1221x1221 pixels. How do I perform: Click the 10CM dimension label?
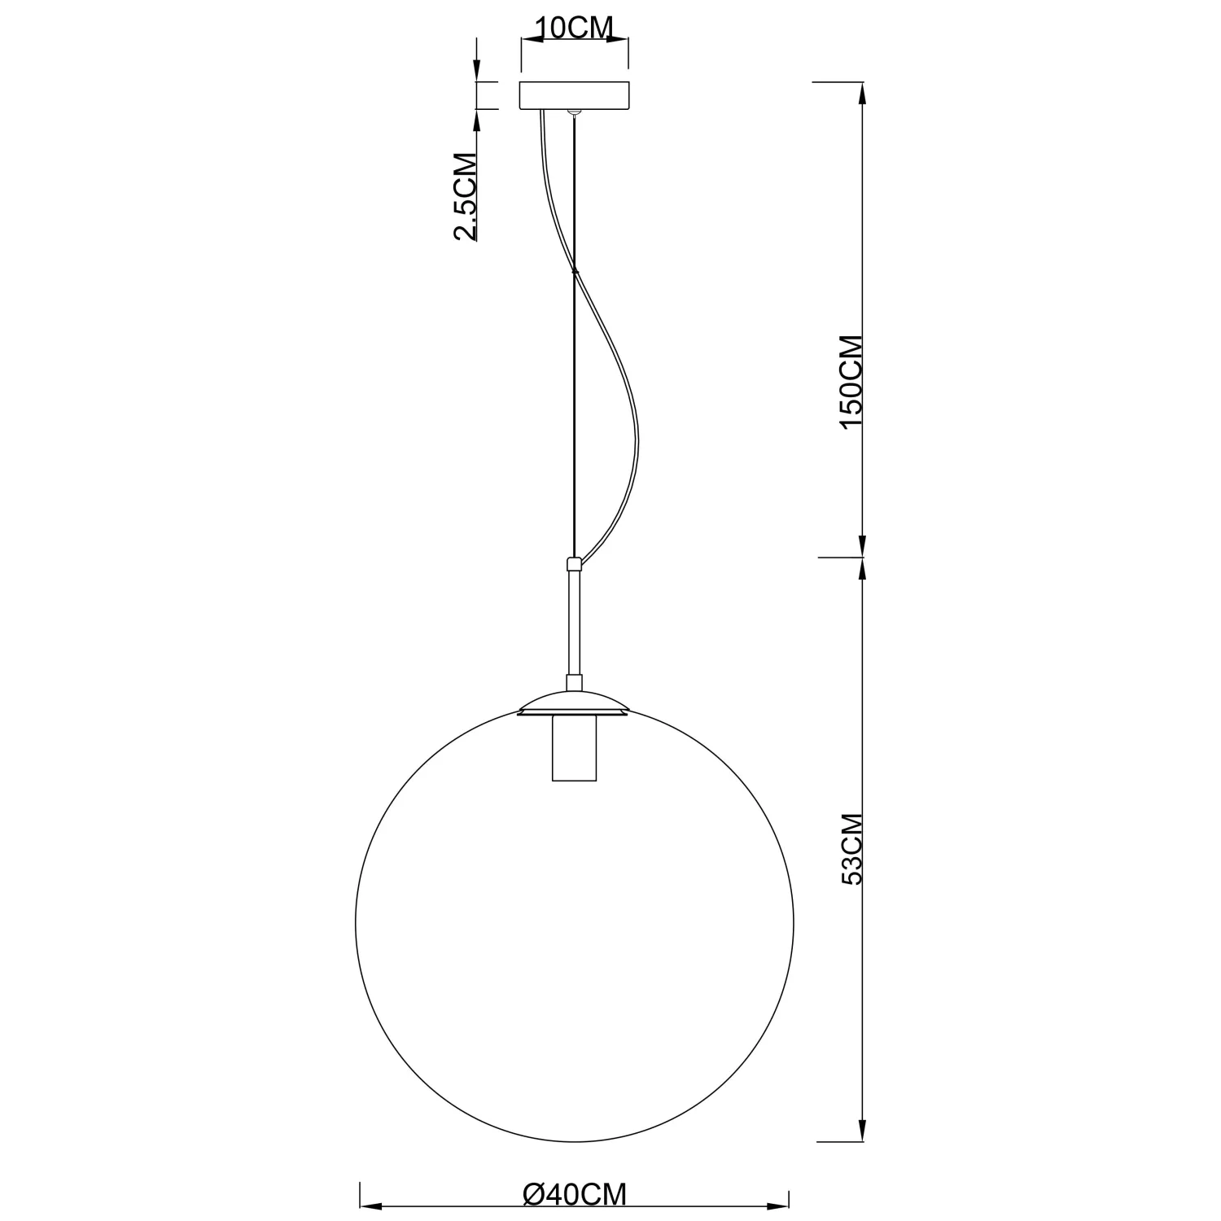point(575,28)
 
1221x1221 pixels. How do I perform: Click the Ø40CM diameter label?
point(575,1194)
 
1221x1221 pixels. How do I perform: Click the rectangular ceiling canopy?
point(575,95)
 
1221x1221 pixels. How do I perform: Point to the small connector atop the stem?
point(575,563)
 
